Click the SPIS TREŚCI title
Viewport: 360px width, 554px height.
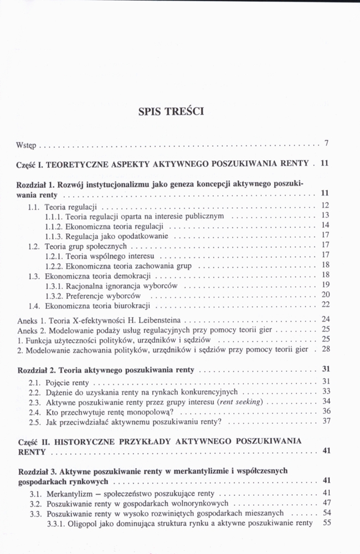pyautogui.click(x=171, y=111)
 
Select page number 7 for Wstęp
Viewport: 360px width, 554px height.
pyautogui.click(x=327, y=144)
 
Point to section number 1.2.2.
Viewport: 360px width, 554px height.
pyautogui.click(x=54, y=266)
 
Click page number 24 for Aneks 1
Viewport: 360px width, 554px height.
pyautogui.click(x=326, y=319)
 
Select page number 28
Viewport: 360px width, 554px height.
pyautogui.click(x=326, y=349)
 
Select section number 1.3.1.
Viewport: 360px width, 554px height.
pyautogui.click(x=54, y=286)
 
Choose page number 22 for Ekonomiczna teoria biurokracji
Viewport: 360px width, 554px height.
pyautogui.click(x=326, y=304)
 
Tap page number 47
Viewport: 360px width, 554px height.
pyautogui.click(x=326, y=503)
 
